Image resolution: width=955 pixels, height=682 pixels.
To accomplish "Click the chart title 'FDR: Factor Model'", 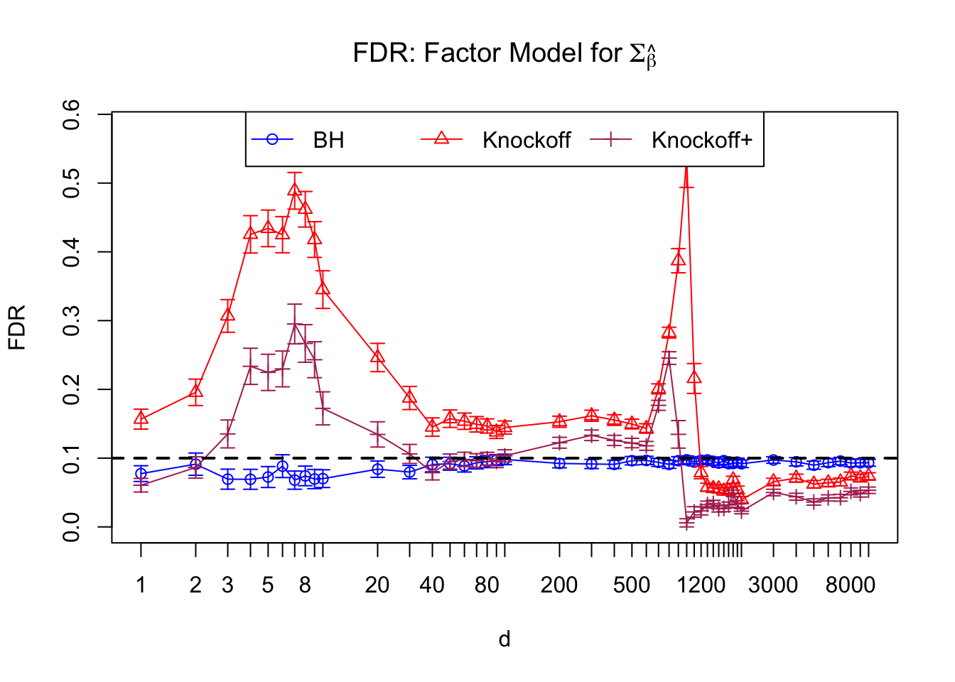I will [x=505, y=54].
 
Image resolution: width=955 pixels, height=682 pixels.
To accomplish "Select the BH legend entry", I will [x=328, y=140].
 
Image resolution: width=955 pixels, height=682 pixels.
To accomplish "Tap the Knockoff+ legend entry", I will [x=701, y=140].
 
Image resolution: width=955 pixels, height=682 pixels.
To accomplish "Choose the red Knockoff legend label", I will [x=526, y=140].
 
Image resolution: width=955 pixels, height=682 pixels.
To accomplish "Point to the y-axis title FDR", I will [x=17, y=327].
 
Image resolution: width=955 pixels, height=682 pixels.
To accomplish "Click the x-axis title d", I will [x=505, y=639].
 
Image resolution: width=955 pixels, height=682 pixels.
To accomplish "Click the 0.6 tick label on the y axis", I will [x=71, y=114].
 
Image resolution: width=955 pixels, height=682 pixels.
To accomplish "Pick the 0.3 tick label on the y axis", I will [x=71, y=320].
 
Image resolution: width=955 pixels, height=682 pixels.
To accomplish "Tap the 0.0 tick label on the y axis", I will [x=71, y=527].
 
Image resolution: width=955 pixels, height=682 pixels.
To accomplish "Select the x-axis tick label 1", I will [x=141, y=585].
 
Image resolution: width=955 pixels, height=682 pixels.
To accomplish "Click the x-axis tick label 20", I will [x=377, y=585].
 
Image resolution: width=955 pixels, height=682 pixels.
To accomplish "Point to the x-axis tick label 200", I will [x=559, y=585].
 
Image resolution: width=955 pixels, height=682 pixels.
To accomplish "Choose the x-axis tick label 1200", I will [x=701, y=585].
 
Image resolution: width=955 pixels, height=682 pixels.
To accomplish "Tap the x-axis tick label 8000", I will [x=851, y=585].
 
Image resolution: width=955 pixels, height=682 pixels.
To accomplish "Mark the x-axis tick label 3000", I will [x=773, y=585].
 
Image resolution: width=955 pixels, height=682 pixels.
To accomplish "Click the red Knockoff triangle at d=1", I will [x=141, y=418].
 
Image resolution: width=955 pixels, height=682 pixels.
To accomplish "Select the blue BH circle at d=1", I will [x=141, y=473].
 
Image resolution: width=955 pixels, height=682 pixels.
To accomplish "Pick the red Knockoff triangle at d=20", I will [x=377, y=356].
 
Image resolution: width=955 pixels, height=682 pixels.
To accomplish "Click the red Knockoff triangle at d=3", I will [x=227, y=315].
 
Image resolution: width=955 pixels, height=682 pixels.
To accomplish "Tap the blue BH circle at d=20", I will [x=377, y=469].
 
